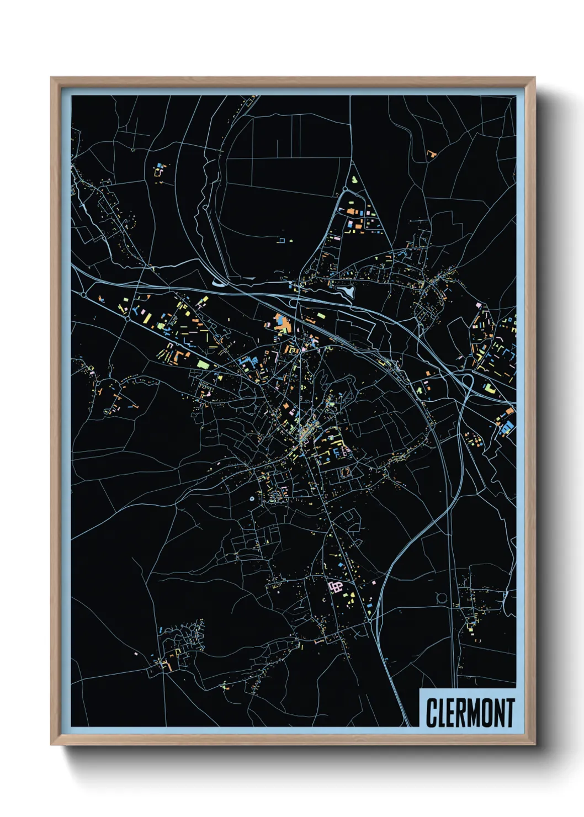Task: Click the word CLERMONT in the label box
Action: click(x=470, y=713)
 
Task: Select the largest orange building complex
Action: click(x=282, y=323)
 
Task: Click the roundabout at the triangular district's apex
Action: click(x=346, y=189)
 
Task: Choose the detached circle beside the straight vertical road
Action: click(x=441, y=597)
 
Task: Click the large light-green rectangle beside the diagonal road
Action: click(x=203, y=364)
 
